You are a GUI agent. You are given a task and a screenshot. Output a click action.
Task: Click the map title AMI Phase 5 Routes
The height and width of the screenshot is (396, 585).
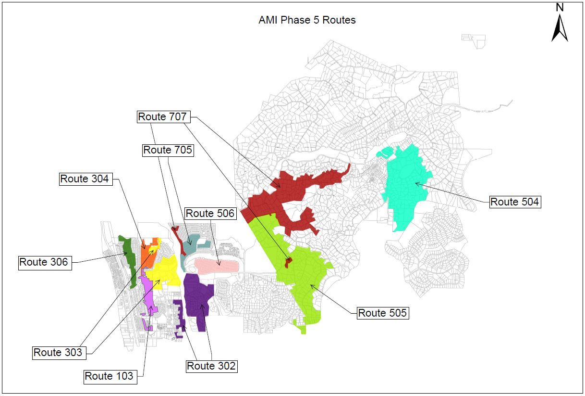(307, 20)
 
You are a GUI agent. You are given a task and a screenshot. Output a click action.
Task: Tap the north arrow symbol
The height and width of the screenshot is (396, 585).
(560, 29)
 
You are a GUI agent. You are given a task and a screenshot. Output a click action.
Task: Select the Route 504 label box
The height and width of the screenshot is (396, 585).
(515, 202)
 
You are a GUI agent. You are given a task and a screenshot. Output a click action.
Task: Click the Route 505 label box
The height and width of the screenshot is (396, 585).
(383, 313)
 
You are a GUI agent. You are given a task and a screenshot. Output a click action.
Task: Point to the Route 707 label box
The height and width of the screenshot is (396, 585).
(162, 116)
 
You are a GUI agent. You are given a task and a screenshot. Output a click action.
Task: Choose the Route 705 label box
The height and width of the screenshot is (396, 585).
(168, 150)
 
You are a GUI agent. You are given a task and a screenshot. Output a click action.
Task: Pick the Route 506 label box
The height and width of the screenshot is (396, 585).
(210, 213)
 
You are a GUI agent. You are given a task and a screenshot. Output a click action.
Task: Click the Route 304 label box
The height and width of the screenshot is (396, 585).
(85, 179)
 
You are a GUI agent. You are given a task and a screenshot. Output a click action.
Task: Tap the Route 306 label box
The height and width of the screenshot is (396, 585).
(45, 263)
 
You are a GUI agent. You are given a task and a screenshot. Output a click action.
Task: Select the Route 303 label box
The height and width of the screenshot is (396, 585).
(58, 353)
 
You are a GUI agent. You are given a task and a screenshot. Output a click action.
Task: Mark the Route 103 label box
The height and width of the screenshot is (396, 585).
(109, 376)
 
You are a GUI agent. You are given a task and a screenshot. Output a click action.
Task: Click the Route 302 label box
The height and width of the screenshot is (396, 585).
(211, 366)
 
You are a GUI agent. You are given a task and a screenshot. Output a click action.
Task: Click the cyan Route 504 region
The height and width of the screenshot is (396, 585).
(406, 188)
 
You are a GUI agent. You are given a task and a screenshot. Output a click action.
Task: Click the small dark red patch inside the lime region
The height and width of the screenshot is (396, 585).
(288, 263)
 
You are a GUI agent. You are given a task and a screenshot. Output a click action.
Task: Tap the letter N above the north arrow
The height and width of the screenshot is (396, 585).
(560, 7)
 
